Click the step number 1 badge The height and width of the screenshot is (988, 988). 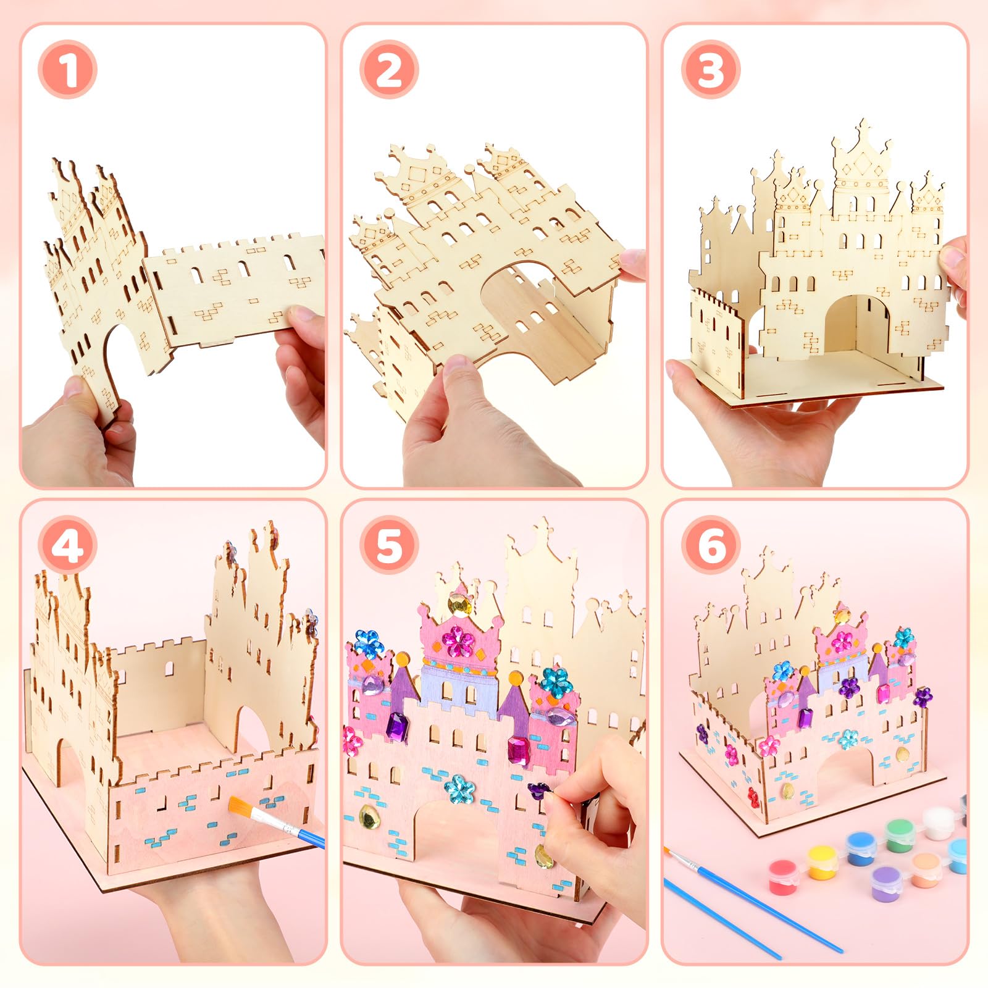[67, 69]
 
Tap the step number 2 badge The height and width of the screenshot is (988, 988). [389, 69]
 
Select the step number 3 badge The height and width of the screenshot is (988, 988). [710, 69]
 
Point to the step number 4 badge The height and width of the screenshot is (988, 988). [67, 545]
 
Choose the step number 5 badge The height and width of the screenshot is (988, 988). [389, 545]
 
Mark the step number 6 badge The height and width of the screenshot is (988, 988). [710, 545]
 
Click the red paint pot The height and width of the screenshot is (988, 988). [784, 876]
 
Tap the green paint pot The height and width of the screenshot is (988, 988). [899, 835]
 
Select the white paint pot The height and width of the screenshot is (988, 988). [938, 823]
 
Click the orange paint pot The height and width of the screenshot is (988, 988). [925, 870]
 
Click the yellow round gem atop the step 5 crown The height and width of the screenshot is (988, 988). [458, 605]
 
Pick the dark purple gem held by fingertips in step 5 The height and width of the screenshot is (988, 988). [539, 790]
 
